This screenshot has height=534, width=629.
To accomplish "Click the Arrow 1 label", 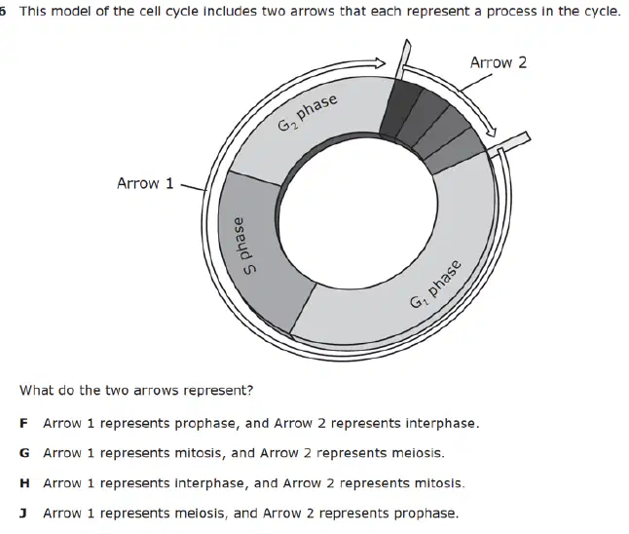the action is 145,183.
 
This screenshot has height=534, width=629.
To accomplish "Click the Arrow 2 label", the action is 499,62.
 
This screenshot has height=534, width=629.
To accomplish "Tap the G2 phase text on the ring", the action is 308,113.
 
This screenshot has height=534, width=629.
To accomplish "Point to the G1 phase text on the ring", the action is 435,284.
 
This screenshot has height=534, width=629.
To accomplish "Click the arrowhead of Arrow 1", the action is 380,63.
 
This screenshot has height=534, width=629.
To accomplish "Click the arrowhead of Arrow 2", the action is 491,132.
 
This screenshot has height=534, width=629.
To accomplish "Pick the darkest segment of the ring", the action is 399,107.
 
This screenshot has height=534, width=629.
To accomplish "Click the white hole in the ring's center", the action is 358,211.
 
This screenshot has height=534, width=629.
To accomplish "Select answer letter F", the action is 23,423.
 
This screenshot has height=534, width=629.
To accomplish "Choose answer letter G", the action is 24,453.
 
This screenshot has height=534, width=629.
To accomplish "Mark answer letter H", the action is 24,483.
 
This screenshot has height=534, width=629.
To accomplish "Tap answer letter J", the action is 23,514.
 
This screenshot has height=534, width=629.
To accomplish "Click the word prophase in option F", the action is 207,424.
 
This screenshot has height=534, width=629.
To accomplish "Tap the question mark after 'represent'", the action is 250,390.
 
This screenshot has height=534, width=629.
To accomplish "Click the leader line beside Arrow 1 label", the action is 194,187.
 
